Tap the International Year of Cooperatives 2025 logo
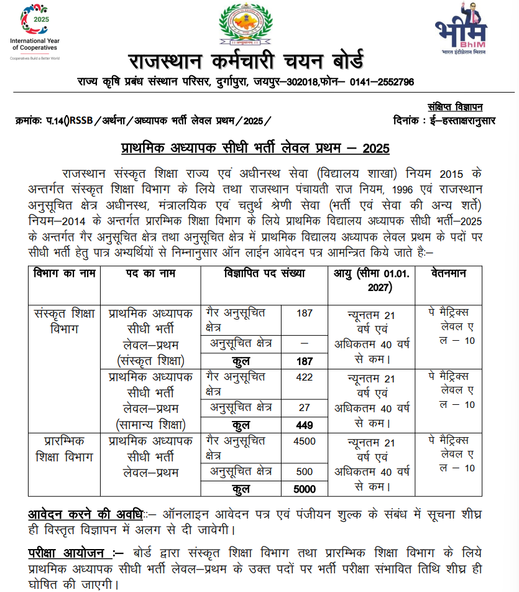point(34,31)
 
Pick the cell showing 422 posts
point(305,377)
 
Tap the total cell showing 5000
point(305,489)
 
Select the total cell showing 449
point(305,425)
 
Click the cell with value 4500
point(305,442)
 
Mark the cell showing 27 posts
point(305,408)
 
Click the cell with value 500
point(305,471)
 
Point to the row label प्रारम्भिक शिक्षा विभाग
point(64,449)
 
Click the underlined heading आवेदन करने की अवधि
point(85,515)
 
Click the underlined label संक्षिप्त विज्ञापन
point(455,107)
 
